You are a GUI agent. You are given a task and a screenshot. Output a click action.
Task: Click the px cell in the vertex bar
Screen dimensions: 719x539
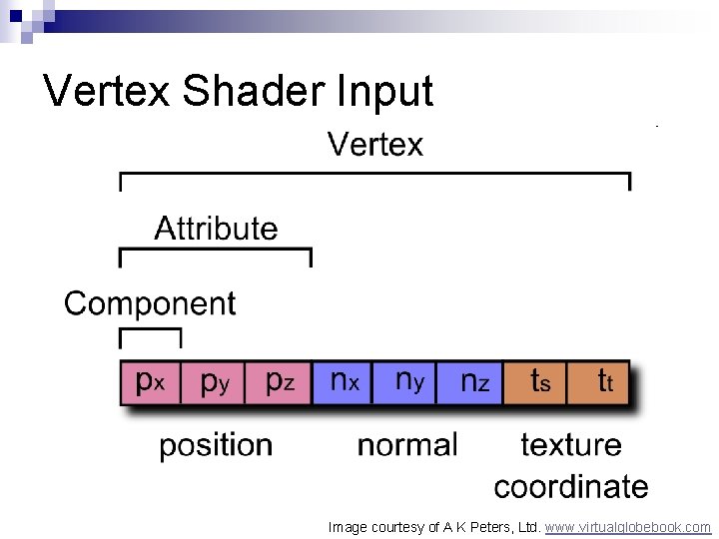151,382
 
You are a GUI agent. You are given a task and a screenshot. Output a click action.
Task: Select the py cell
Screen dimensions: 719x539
213,382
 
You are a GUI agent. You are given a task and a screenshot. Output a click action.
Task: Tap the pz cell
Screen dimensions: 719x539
279,382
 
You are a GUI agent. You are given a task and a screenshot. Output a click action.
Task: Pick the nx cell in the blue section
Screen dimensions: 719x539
343,382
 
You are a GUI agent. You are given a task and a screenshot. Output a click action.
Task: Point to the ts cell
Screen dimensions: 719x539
536,382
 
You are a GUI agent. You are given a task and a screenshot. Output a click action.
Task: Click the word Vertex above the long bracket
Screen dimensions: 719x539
375,146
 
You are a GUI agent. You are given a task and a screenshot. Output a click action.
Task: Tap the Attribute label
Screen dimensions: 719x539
216,229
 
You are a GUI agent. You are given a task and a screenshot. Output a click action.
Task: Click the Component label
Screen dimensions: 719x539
150,303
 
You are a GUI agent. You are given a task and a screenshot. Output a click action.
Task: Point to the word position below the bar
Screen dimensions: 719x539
216,445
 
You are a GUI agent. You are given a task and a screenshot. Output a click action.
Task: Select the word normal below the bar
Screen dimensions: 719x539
407,445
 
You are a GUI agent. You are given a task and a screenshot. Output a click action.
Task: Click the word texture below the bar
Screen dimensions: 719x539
571,445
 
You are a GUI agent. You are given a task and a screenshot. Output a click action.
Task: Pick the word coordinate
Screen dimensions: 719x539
571,486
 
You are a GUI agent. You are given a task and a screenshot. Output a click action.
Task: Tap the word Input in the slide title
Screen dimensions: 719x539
385,92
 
